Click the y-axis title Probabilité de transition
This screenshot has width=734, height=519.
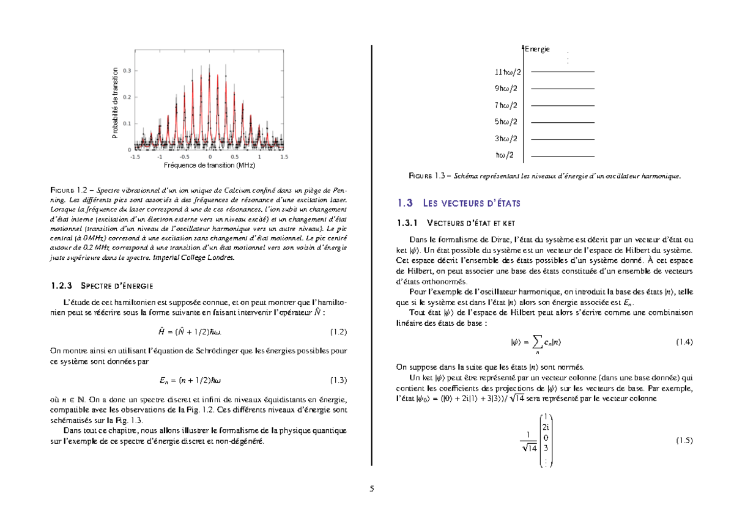point(115,103)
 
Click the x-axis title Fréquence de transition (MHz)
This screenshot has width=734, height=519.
point(210,165)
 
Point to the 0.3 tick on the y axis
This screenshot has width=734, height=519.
point(126,71)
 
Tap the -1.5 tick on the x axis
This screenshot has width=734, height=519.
point(135,156)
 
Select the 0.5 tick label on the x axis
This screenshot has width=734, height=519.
point(235,156)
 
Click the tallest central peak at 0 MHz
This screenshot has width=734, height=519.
point(210,67)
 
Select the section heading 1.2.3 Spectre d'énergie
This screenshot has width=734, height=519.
point(101,285)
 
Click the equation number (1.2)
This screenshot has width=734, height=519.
point(338,332)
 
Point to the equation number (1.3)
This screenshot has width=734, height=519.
point(338,380)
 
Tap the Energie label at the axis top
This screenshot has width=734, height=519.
point(538,49)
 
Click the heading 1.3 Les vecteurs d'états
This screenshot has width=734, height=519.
point(459,203)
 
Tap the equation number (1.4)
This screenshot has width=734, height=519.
point(684,342)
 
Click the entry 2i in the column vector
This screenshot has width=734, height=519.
point(546,427)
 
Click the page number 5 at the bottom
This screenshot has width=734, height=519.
point(371,488)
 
